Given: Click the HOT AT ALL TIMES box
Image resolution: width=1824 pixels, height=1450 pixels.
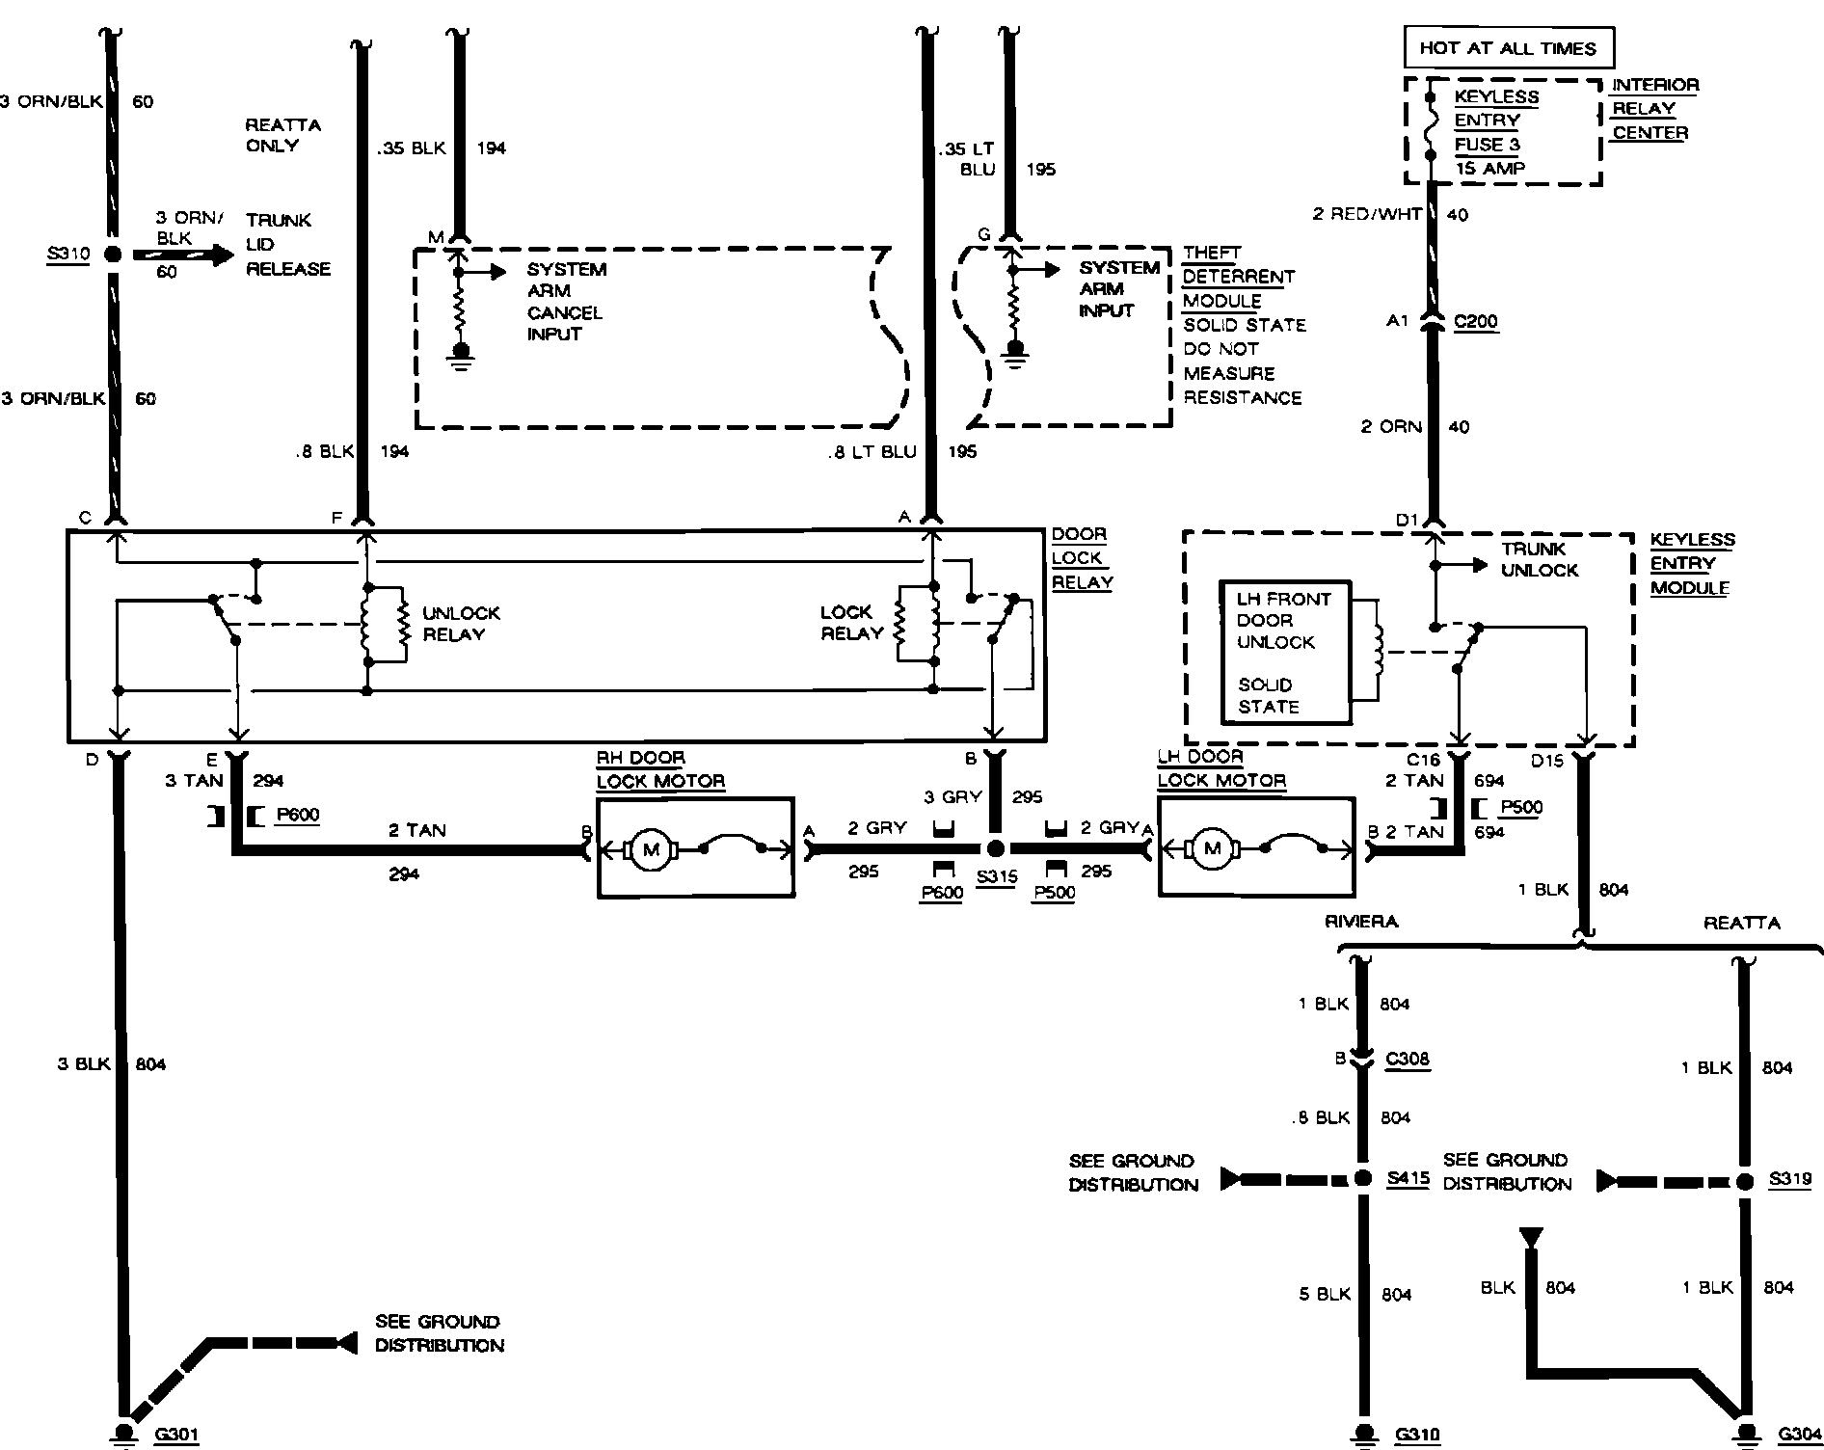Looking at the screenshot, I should pyautogui.click(x=1507, y=48).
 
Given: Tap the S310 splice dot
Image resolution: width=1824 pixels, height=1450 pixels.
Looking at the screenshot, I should pyautogui.click(x=113, y=255).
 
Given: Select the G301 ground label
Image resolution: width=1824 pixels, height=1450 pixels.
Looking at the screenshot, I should pyautogui.click(x=175, y=1435).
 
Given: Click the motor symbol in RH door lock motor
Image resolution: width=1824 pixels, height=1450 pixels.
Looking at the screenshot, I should pyautogui.click(x=651, y=848).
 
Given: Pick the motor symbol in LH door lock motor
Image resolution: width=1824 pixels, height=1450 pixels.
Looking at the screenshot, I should pyautogui.click(x=1213, y=848).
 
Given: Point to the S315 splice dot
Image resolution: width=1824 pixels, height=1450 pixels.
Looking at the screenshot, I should pyautogui.click(x=997, y=848).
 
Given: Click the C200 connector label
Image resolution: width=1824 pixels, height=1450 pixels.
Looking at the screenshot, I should pyautogui.click(x=1475, y=322).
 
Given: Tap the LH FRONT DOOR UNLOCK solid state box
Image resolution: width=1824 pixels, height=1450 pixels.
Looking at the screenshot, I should pyautogui.click(x=1285, y=653).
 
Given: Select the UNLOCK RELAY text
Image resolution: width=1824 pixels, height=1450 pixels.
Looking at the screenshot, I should pyautogui.click(x=460, y=624).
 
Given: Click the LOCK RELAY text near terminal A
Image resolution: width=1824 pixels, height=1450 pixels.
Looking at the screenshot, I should pyautogui.click(x=851, y=623).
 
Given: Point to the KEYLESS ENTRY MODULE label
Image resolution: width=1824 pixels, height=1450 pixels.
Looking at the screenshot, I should pyautogui.click(x=1692, y=564).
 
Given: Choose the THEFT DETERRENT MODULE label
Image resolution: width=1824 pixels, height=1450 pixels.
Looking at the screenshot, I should pyautogui.click(x=1237, y=277).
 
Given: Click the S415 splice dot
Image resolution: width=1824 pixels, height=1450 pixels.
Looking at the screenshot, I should pyautogui.click(x=1362, y=1178).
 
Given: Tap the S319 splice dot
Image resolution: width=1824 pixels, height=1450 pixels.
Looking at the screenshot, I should pyautogui.click(x=1744, y=1181).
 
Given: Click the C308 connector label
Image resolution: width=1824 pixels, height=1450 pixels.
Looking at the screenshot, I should pyautogui.click(x=1407, y=1060).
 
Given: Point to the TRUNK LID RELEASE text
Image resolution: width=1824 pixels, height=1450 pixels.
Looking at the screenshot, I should pyautogui.click(x=287, y=245).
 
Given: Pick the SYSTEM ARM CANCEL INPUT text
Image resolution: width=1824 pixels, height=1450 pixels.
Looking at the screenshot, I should pyautogui.click(x=566, y=302).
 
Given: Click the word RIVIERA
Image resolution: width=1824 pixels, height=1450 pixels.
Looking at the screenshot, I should pyautogui.click(x=1361, y=922).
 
